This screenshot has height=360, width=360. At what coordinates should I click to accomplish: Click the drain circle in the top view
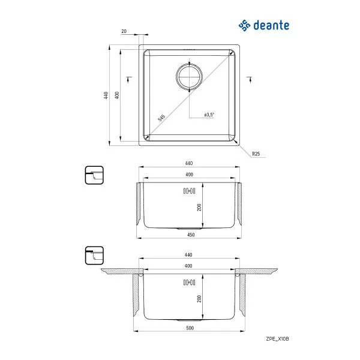tap(190, 76)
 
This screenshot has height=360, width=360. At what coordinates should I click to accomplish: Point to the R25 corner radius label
tap(256, 154)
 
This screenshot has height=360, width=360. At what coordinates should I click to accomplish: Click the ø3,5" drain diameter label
tap(209, 114)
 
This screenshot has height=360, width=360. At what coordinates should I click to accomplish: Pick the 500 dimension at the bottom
tap(189, 329)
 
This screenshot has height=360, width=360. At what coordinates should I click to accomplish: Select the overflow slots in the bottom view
tap(188, 282)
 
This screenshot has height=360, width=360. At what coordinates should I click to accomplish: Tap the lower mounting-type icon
tap(94, 256)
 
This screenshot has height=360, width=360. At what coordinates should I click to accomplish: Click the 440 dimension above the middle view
tap(189, 163)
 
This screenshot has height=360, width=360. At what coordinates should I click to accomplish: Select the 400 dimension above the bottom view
tap(189, 265)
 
